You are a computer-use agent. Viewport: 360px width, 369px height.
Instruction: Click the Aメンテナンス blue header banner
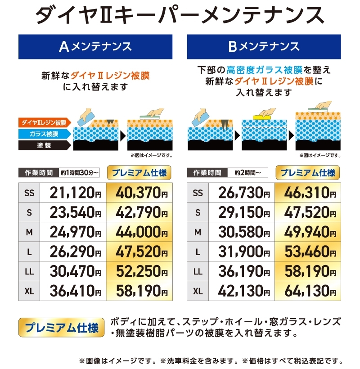pos(95,47)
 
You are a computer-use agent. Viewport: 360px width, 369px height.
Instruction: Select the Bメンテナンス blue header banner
pos(264,47)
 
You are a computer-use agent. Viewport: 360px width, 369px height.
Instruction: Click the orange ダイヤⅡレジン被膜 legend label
pos(45,122)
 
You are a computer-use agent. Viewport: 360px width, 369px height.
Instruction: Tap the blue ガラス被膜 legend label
pos(45,134)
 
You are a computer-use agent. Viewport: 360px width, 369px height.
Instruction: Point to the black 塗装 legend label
pos(45,145)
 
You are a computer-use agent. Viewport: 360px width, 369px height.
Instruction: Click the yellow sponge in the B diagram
pos(262,117)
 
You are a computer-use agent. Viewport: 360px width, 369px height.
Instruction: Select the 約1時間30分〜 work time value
pos(79,173)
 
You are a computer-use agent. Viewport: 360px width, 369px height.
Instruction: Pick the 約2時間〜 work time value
pos(247,173)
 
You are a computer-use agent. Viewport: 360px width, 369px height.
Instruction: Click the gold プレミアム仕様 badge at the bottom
pos(61,327)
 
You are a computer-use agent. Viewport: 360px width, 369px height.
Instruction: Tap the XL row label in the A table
pos(29,291)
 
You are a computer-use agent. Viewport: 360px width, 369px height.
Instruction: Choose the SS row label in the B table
pos(198,193)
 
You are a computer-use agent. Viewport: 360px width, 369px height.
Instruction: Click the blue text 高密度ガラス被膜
pos(265,70)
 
